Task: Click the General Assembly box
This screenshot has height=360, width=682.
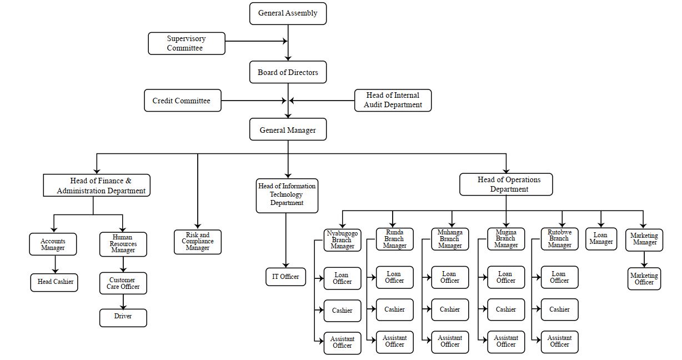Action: [x=288, y=13]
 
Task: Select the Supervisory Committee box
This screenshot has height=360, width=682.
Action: [x=187, y=43]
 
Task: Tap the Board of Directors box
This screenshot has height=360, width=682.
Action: [x=288, y=72]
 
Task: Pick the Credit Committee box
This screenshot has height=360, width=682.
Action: [x=182, y=101]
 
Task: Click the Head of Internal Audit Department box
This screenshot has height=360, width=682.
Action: [x=393, y=100]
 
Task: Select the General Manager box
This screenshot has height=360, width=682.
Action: [x=288, y=130]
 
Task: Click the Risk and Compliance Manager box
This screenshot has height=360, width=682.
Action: [x=197, y=242]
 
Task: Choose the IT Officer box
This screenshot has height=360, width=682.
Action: [x=285, y=277]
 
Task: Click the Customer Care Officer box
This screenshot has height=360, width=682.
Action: [x=123, y=283]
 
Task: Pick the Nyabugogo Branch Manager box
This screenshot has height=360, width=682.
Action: [x=342, y=239]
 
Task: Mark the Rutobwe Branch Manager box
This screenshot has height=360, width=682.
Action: [x=559, y=238]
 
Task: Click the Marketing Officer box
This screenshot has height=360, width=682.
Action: [x=644, y=279]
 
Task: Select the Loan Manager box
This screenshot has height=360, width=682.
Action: [x=601, y=238]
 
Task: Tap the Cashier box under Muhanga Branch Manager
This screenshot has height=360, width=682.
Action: [x=450, y=309]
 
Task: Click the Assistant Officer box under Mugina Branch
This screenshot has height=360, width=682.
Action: [x=506, y=342]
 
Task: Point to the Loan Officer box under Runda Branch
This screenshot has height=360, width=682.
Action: [x=394, y=277]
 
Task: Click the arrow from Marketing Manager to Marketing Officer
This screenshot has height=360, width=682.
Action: [x=644, y=259]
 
